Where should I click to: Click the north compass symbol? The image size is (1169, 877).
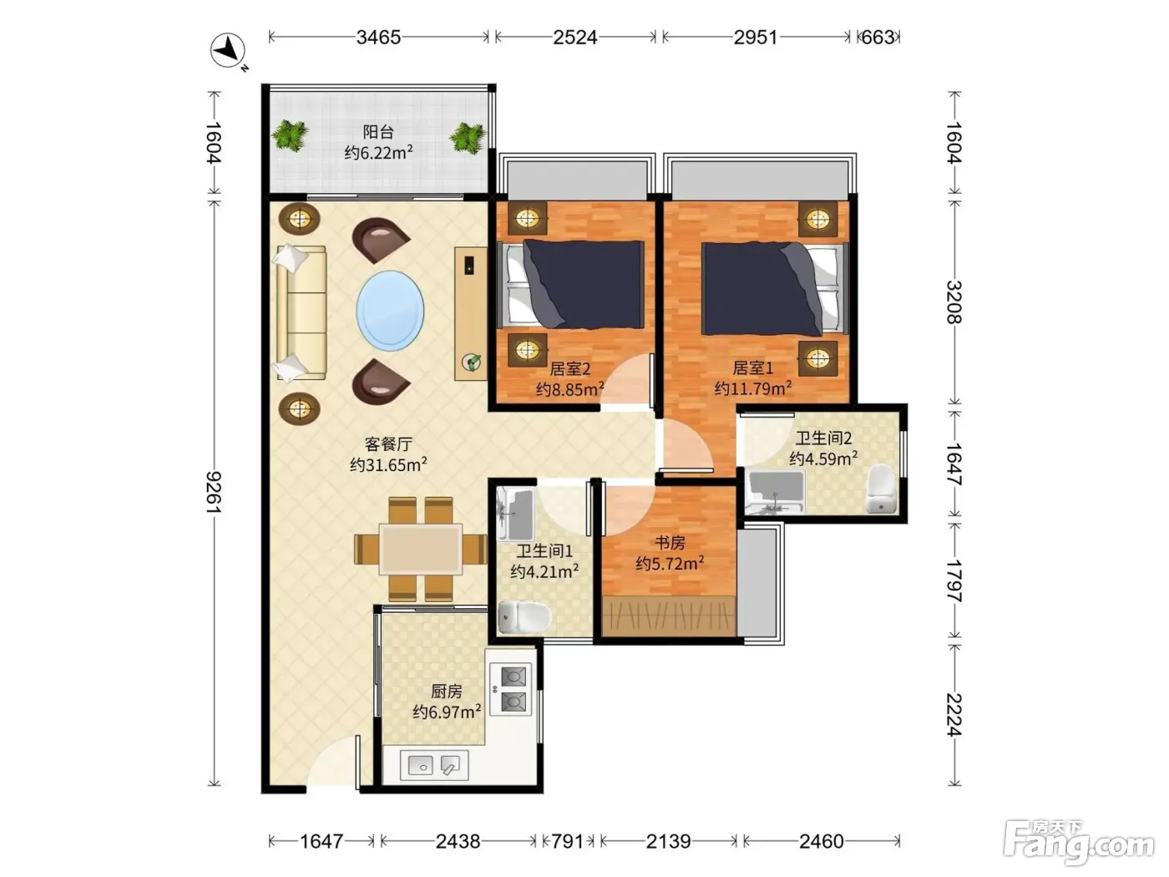[229, 51]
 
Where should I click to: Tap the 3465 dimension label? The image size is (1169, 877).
[378, 38]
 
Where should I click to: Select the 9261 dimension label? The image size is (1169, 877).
[214, 491]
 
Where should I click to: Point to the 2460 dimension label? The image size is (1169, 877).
[821, 841]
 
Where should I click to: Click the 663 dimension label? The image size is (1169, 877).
[878, 38]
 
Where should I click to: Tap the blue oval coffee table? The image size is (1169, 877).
[390, 311]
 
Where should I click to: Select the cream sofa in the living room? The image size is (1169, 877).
[301, 312]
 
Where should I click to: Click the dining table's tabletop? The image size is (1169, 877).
[420, 550]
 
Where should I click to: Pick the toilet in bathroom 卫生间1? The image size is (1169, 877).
[524, 616]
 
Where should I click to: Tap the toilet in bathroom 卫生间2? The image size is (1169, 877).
[881, 489]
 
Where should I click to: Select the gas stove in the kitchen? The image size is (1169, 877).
[510, 690]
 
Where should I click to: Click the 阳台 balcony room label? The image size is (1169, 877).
[378, 131]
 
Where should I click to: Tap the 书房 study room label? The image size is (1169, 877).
[670, 543]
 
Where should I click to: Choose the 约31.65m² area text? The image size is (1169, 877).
[388, 464]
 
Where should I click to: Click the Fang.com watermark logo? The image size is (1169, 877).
[1078, 842]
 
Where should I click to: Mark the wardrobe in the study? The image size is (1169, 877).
[669, 616]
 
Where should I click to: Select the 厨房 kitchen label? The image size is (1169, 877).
[446, 692]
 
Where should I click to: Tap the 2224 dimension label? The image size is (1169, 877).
[954, 715]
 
